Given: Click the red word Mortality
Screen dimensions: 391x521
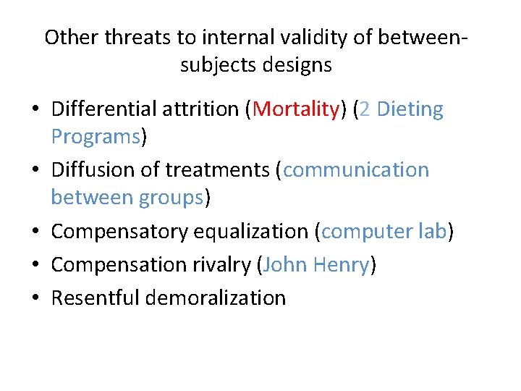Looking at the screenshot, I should point(297,109).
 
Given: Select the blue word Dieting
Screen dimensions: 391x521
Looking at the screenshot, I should point(410,109).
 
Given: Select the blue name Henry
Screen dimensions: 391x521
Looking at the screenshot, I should point(341,265).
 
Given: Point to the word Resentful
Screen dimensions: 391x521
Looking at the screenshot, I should point(95,298).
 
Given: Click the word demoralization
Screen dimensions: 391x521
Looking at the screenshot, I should point(215,298).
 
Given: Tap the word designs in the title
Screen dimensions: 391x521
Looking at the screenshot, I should point(299,65).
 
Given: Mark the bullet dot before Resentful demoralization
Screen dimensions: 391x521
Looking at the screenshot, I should point(35,298).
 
